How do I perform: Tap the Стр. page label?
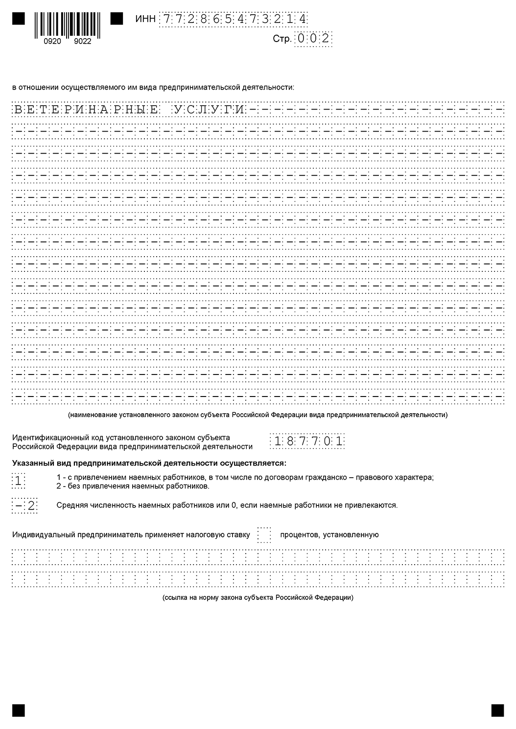click(282, 39)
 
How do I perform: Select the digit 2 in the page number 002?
click(326, 39)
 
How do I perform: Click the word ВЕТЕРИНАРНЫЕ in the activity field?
click(85, 109)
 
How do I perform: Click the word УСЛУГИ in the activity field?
click(209, 109)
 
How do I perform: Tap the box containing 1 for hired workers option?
click(18, 481)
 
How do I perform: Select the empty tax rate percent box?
click(264, 534)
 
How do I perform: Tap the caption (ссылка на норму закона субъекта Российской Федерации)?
click(258, 597)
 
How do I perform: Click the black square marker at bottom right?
click(497, 710)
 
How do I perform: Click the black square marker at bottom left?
click(19, 710)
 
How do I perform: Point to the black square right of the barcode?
click(117, 19)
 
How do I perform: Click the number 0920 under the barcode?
click(52, 42)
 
